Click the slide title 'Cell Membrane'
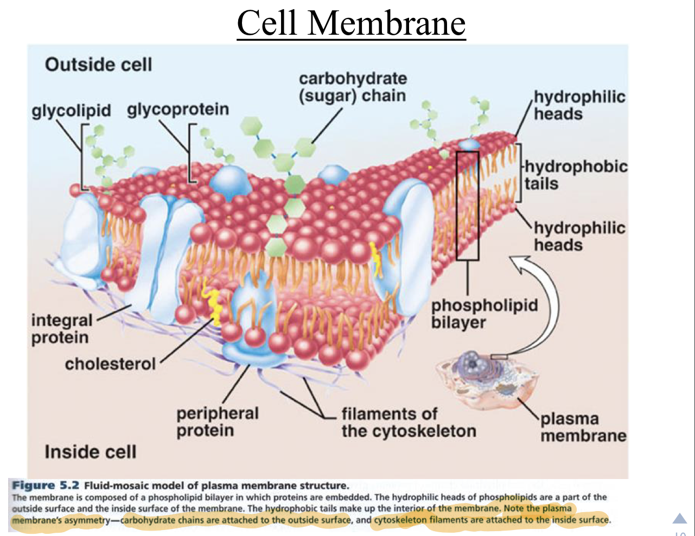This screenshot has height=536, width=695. (x=351, y=23)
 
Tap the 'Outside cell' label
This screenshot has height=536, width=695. (x=98, y=65)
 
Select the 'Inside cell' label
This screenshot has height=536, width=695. (x=90, y=451)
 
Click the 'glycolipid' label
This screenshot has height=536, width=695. (x=71, y=111)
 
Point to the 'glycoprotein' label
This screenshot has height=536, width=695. (x=178, y=109)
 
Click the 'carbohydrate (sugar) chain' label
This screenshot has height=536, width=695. (x=352, y=87)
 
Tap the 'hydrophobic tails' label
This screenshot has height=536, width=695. (x=575, y=175)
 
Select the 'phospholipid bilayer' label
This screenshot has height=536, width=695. (x=484, y=314)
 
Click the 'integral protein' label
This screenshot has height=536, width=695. (x=62, y=329)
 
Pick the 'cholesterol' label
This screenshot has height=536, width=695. (x=110, y=363)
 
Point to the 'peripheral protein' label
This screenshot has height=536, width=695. (x=217, y=422)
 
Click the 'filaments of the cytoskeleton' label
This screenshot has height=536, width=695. (x=409, y=423)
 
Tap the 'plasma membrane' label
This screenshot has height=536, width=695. (x=583, y=427)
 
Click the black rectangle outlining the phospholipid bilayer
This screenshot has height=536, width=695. (x=467, y=205)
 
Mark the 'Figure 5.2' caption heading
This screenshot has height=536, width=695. (x=46, y=486)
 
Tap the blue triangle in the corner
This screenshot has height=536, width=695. (x=680, y=518)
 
